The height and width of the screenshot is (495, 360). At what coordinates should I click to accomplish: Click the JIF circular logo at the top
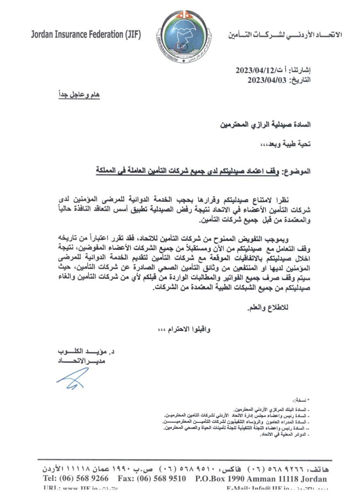click(180, 36)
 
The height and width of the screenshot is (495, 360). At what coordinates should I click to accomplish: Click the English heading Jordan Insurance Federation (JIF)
click(86, 35)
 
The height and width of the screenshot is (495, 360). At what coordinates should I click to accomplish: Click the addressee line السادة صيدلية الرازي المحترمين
click(265, 125)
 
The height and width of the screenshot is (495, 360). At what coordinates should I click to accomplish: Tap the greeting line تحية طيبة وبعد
click(286, 144)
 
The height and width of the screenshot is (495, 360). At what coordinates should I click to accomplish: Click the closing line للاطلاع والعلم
click(268, 308)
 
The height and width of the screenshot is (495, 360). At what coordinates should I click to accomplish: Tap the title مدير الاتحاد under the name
click(81, 361)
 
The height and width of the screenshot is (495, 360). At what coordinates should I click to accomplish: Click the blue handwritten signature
click(73, 378)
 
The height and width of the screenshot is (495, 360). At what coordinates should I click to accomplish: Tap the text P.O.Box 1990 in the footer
click(217, 478)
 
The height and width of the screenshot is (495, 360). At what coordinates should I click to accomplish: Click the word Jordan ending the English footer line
click(313, 478)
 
